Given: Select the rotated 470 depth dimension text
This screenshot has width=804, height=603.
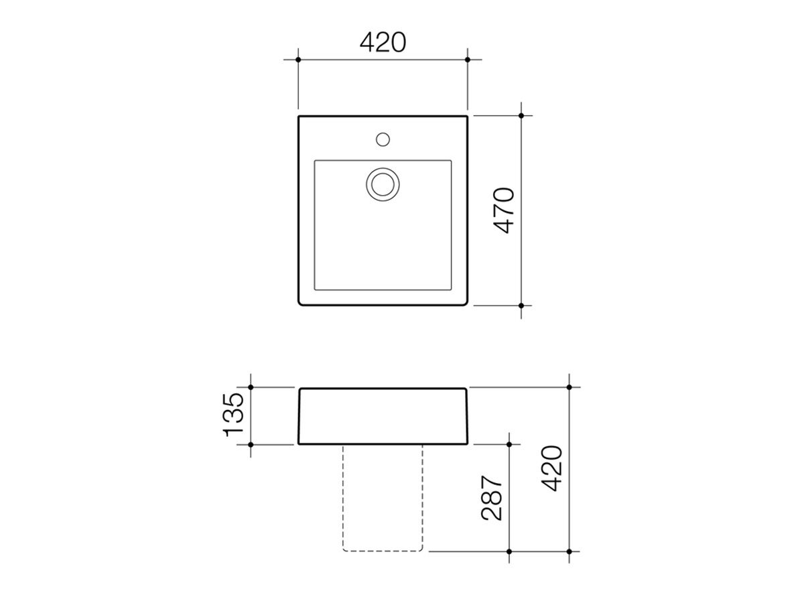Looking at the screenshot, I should [x=504, y=210].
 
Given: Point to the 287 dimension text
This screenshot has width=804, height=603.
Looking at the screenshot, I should [x=492, y=499].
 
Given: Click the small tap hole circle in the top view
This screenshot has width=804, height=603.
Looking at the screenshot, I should [x=383, y=139].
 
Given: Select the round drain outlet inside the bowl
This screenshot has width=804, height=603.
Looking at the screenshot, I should [x=383, y=184].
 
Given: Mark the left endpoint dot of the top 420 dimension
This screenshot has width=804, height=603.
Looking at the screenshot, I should [x=298, y=60].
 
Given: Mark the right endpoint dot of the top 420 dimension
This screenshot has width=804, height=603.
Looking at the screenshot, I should [x=468, y=60].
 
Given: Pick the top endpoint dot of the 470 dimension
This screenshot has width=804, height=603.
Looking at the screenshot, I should [x=521, y=115].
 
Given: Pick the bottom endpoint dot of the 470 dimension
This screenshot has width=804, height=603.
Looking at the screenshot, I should [x=521, y=305].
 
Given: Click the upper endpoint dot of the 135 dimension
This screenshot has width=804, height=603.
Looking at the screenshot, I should [x=251, y=387].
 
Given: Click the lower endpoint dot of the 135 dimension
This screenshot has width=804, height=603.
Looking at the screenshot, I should [x=251, y=444].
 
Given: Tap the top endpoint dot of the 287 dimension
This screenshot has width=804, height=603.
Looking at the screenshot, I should [x=510, y=444].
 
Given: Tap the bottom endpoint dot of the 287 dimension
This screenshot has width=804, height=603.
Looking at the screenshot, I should [x=510, y=551].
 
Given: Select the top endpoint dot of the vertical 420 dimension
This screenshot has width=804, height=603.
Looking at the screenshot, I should [x=569, y=387].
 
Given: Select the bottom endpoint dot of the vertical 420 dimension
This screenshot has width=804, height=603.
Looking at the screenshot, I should [x=569, y=551].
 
